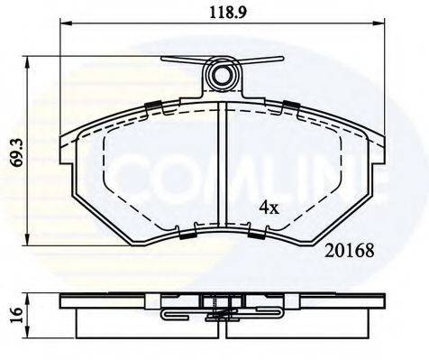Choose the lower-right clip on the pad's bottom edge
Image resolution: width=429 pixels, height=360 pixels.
[255, 235]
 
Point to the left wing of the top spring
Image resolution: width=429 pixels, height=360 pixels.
[181, 62]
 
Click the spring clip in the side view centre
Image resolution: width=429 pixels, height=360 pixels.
[221, 315]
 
